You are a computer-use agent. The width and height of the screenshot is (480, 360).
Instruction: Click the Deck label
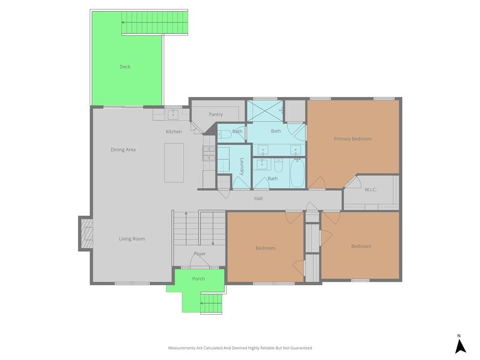(125, 67)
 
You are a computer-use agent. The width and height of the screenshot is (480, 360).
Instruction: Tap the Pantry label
(216, 114)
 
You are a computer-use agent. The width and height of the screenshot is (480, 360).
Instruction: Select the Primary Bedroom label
(352, 139)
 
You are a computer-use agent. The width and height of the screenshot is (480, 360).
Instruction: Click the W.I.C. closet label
(370, 190)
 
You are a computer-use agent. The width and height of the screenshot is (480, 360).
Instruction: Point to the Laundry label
(242, 166)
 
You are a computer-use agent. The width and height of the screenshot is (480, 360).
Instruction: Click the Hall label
(258, 198)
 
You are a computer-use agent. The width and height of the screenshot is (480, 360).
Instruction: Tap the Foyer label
(200, 254)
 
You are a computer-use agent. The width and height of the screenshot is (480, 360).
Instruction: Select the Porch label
(198, 278)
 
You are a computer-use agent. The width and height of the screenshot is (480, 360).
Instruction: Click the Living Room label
(132, 239)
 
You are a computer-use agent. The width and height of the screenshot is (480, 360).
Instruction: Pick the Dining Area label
(123, 150)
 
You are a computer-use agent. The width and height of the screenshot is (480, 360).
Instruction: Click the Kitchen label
(173, 132)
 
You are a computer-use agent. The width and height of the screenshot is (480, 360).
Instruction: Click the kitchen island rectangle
(174, 163)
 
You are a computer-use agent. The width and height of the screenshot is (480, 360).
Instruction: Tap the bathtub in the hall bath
(297, 173)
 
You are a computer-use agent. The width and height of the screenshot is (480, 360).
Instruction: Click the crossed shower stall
(265, 111)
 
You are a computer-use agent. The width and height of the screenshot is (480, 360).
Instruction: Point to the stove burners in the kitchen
(210, 153)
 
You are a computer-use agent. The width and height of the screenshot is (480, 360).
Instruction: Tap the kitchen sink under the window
(173, 114)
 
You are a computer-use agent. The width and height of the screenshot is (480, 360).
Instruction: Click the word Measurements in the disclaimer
(182, 348)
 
